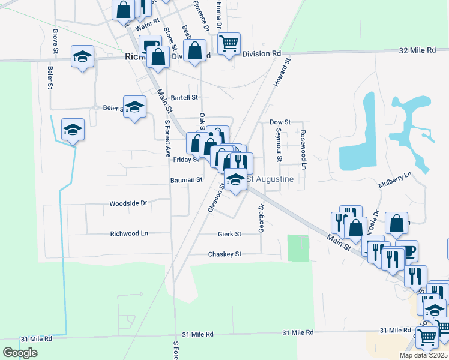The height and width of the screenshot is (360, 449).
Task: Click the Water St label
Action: click(147, 27)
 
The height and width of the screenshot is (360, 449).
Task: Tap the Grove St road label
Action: click(56, 40)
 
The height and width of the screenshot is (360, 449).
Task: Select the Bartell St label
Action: click(184, 97)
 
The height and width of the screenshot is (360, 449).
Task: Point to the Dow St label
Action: click(280, 122)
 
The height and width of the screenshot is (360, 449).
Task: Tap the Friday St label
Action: click(186, 160)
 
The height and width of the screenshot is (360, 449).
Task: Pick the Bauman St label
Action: click(187, 180)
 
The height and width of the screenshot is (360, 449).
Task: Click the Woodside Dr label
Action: click(128, 203)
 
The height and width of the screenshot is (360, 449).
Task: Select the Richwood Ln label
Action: click(129, 233)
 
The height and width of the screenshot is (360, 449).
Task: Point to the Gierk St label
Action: click(229, 234)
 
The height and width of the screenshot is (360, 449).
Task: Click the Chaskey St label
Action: click(224, 254)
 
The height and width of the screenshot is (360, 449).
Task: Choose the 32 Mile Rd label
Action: click(417, 51)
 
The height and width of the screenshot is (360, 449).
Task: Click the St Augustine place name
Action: click(270, 179)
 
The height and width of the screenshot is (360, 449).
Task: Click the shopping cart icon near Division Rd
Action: click(229, 43)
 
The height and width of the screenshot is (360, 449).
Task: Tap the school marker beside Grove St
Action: click(82, 57)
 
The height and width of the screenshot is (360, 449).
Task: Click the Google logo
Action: click(20, 353)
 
